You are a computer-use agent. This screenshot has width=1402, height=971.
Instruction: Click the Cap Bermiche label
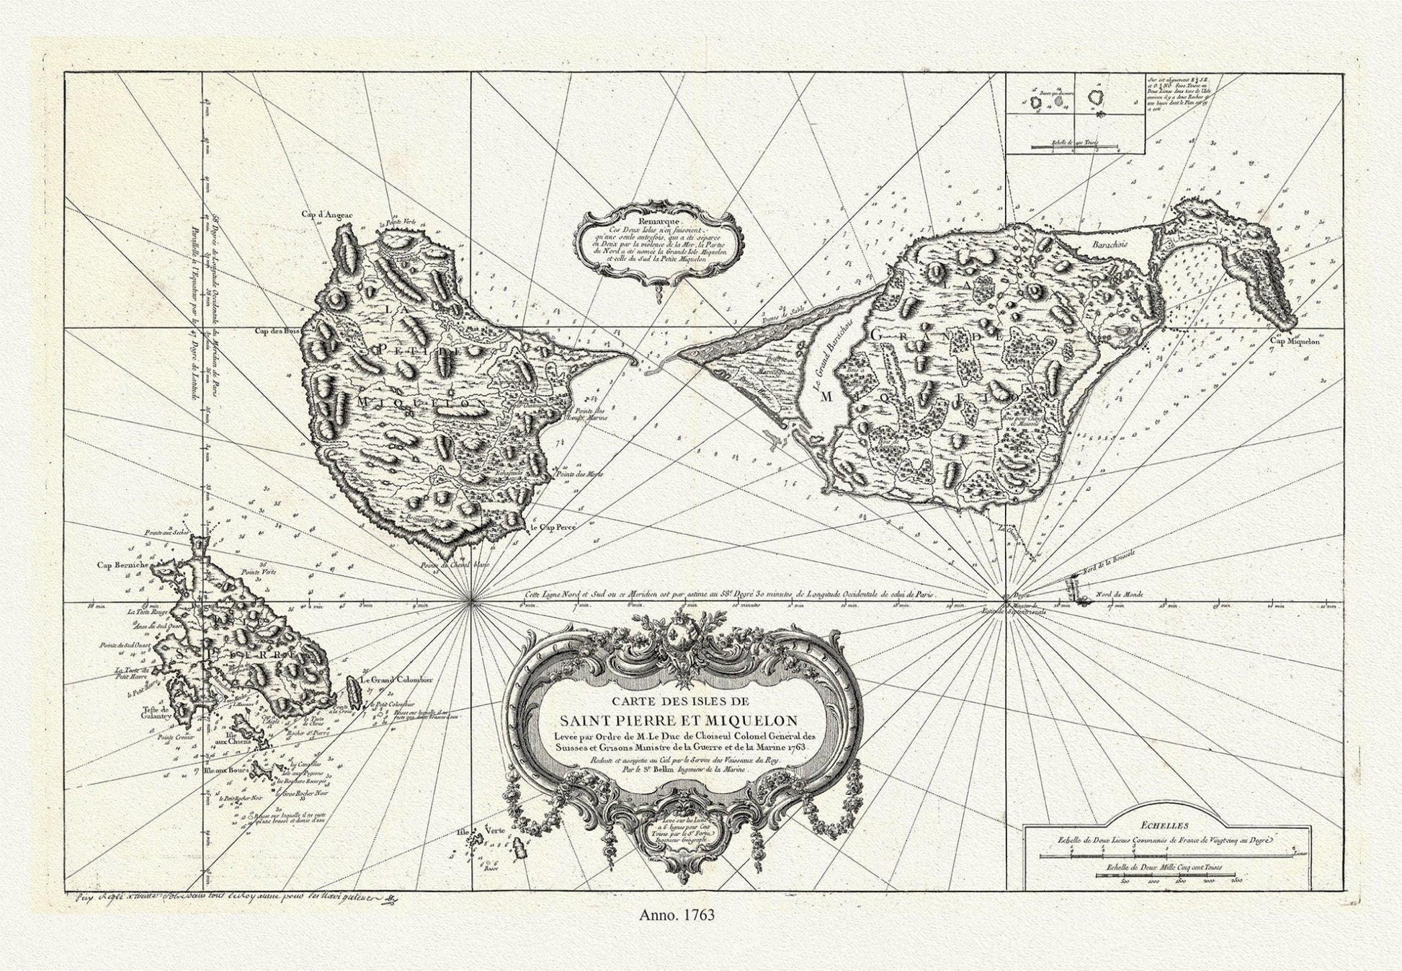pos(123,565)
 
